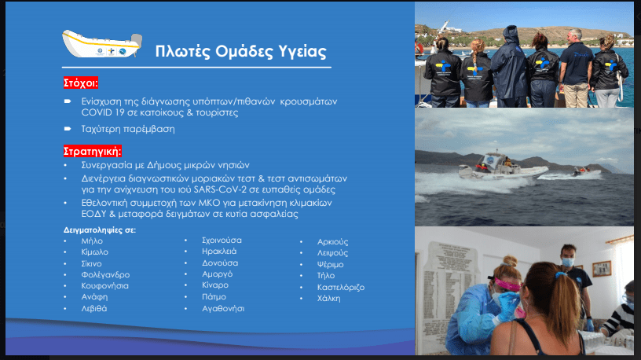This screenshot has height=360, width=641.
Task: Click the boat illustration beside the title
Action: [x=102, y=44]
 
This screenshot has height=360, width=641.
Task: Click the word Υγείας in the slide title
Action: [x=302, y=52]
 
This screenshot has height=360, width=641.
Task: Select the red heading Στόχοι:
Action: [x=81, y=83]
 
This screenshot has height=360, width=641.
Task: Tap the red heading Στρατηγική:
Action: [x=93, y=152]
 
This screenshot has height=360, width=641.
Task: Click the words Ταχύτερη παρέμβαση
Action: [x=128, y=129]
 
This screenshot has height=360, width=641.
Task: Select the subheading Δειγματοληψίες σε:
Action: [x=100, y=230]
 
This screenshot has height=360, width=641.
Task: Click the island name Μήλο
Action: [x=92, y=241]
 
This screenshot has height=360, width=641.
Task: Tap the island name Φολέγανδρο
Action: [x=105, y=275]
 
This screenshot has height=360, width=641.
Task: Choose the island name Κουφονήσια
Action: [x=104, y=286]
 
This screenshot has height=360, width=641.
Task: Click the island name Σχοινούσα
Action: [x=222, y=241]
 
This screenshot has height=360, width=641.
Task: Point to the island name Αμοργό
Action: [x=217, y=274]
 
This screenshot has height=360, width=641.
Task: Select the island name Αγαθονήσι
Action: [x=223, y=309]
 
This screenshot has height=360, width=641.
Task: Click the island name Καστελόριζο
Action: [x=341, y=287]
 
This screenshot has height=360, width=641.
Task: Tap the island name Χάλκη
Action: [x=328, y=299]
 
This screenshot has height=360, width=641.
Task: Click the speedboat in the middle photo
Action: [x=503, y=167]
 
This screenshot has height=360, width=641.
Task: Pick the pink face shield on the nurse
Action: [x=507, y=285]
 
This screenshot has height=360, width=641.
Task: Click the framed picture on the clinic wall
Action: [x=602, y=268]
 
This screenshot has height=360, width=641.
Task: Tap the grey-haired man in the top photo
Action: [x=576, y=68]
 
